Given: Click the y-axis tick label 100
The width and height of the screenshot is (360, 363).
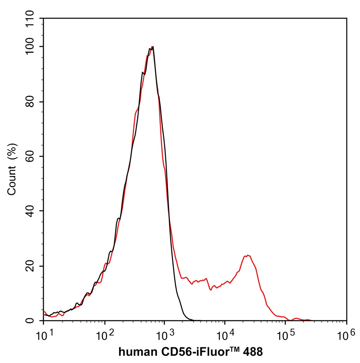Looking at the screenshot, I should tap(32, 47).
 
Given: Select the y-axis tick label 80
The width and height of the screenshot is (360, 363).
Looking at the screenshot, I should tap(32, 102).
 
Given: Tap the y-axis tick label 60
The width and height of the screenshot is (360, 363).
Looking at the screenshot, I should tap(32, 157).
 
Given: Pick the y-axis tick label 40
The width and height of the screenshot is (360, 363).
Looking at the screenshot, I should tap(32, 211).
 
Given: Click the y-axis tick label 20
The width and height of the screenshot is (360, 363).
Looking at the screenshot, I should tap(32, 266).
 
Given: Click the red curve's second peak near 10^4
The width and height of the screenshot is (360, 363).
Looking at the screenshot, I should tap(248, 255).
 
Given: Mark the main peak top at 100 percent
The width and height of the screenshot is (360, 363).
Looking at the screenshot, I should tap(152, 47).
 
